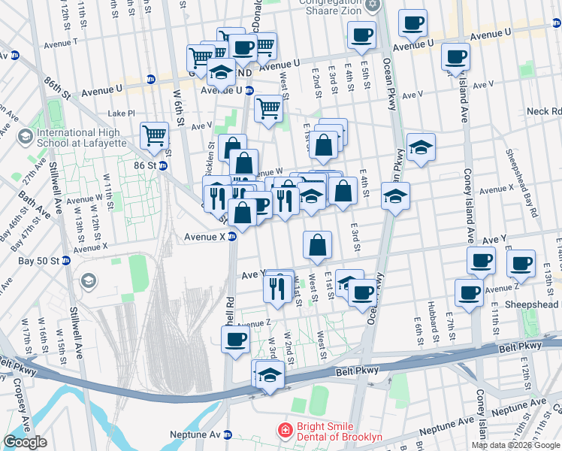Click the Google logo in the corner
tap(25, 442)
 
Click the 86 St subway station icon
tap(162, 165)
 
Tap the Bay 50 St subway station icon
tap(65, 261)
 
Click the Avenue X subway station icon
tap(232, 236)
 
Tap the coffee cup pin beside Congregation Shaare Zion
tap(361, 35)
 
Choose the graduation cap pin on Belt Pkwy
tap(269, 375)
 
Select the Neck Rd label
tap(544, 111)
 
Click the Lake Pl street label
tap(121, 113)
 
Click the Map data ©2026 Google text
tap(516, 445)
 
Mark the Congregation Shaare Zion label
tap(331, 6)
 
